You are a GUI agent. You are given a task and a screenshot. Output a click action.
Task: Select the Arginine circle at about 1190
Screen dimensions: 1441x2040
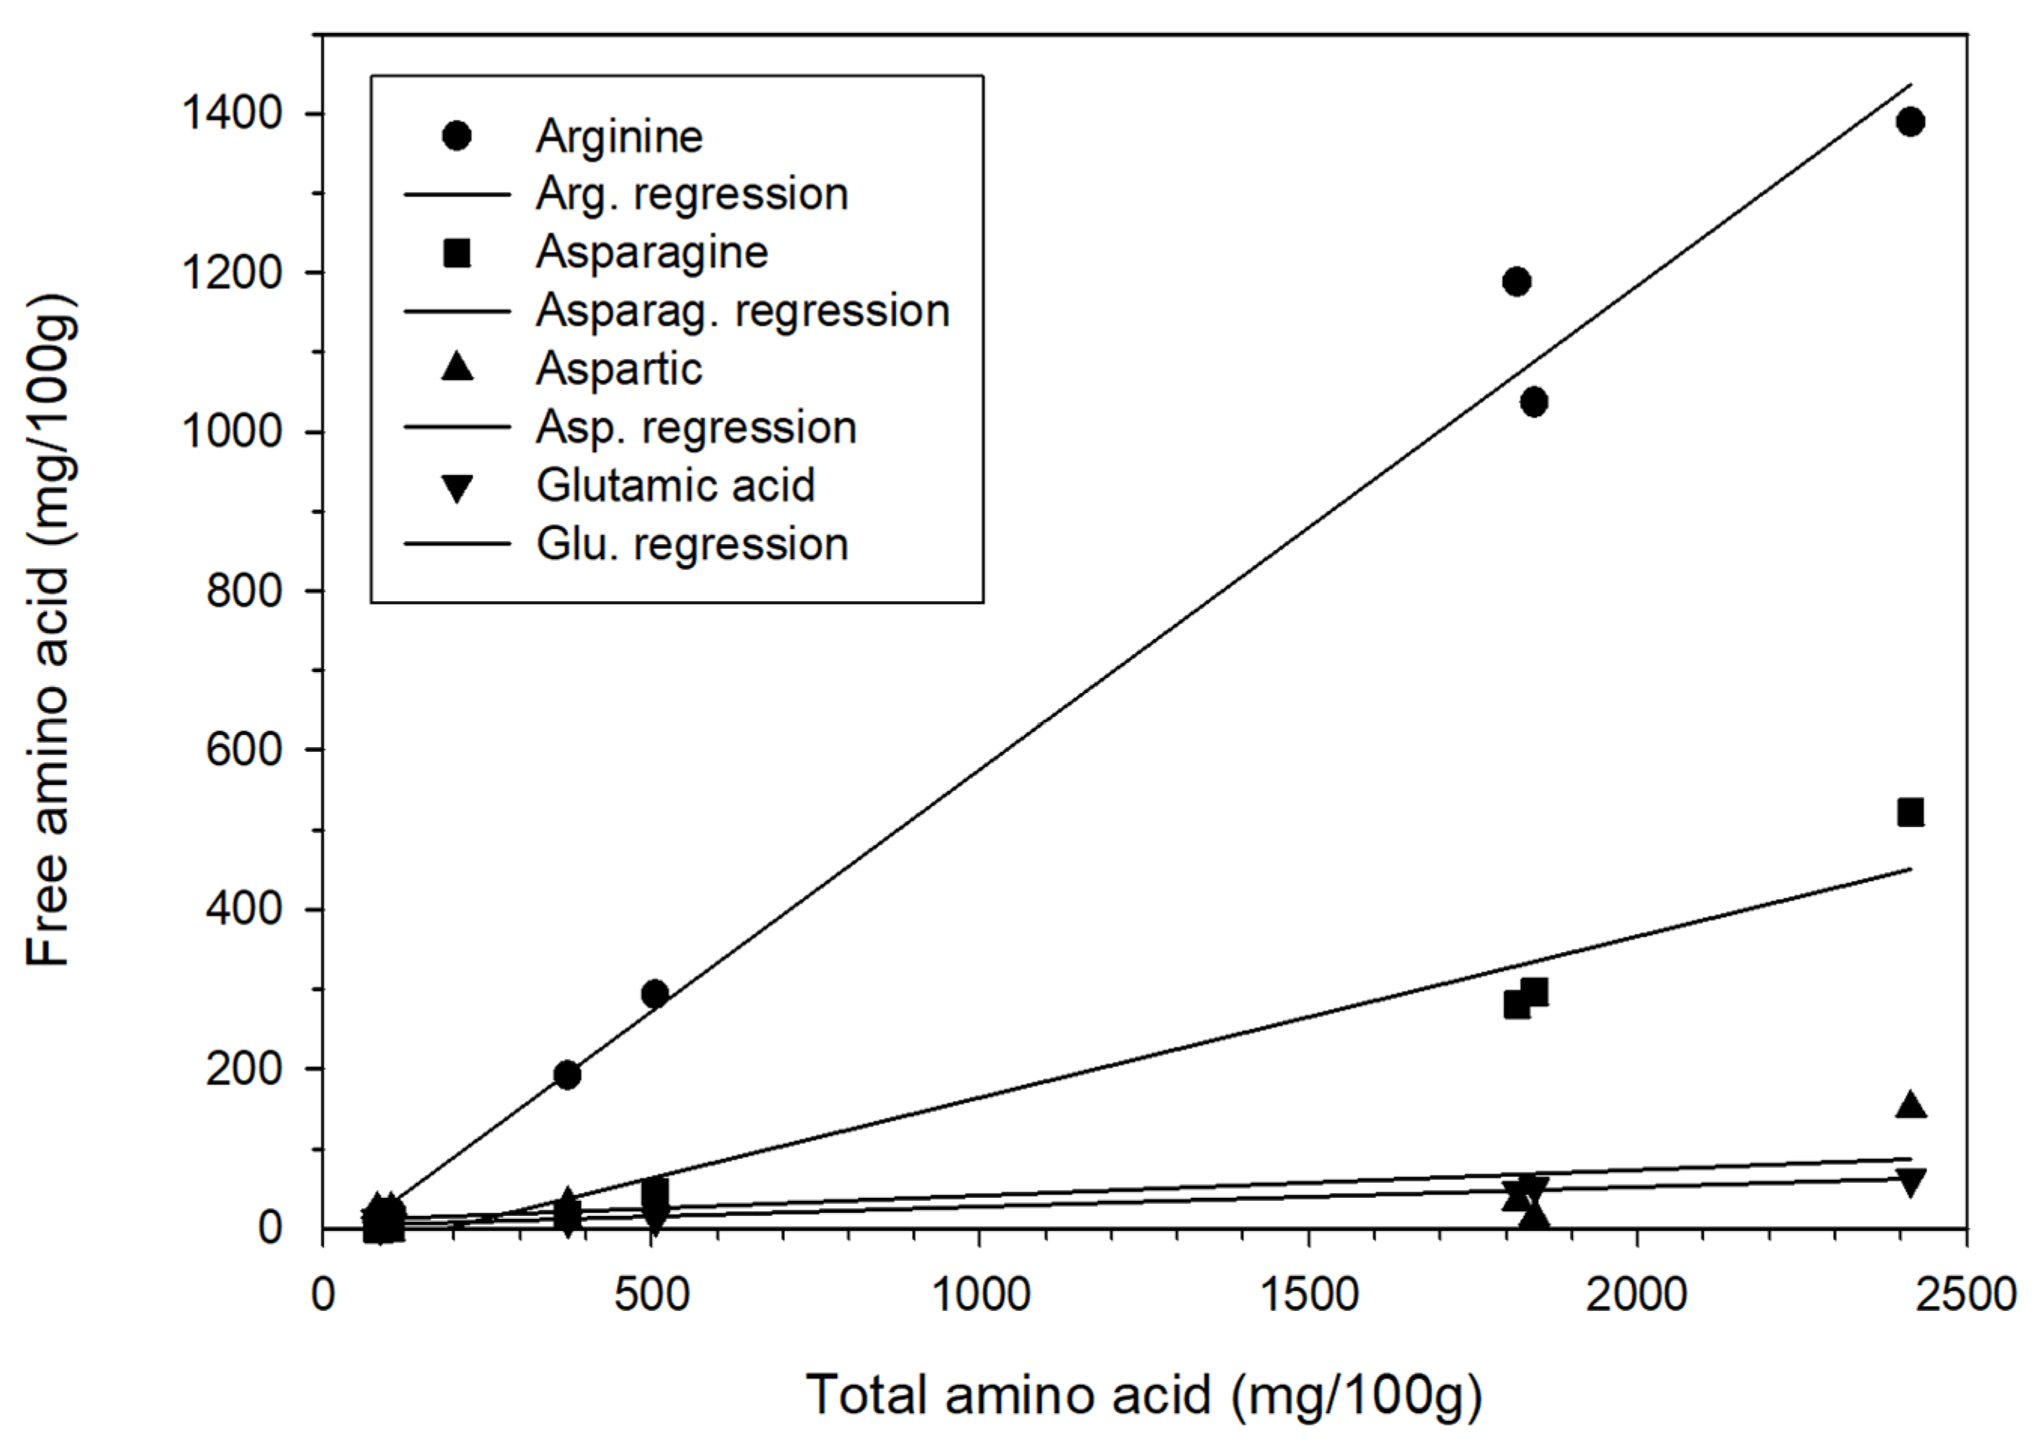(x=1517, y=281)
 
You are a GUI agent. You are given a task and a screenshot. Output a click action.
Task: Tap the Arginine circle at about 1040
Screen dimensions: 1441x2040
(x=1534, y=403)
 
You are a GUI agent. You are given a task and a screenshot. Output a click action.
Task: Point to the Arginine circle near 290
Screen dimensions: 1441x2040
(x=655, y=994)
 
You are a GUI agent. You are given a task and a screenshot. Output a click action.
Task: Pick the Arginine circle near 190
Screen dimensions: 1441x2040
(x=567, y=1075)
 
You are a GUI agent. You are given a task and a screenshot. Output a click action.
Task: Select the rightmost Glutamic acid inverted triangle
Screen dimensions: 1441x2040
(x=1911, y=1182)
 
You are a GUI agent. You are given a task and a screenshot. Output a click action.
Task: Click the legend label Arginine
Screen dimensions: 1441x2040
(x=619, y=136)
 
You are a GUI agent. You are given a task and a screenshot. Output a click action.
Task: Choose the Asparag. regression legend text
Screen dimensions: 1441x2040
(x=743, y=311)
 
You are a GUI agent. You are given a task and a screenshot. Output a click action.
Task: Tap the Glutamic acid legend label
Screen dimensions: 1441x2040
(x=675, y=485)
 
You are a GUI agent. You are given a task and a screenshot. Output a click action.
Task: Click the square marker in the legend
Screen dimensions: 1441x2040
(x=457, y=253)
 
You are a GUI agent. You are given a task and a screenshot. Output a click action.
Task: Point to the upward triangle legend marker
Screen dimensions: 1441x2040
(x=457, y=367)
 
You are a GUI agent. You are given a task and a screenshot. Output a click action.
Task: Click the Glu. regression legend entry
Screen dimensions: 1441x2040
(x=692, y=544)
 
